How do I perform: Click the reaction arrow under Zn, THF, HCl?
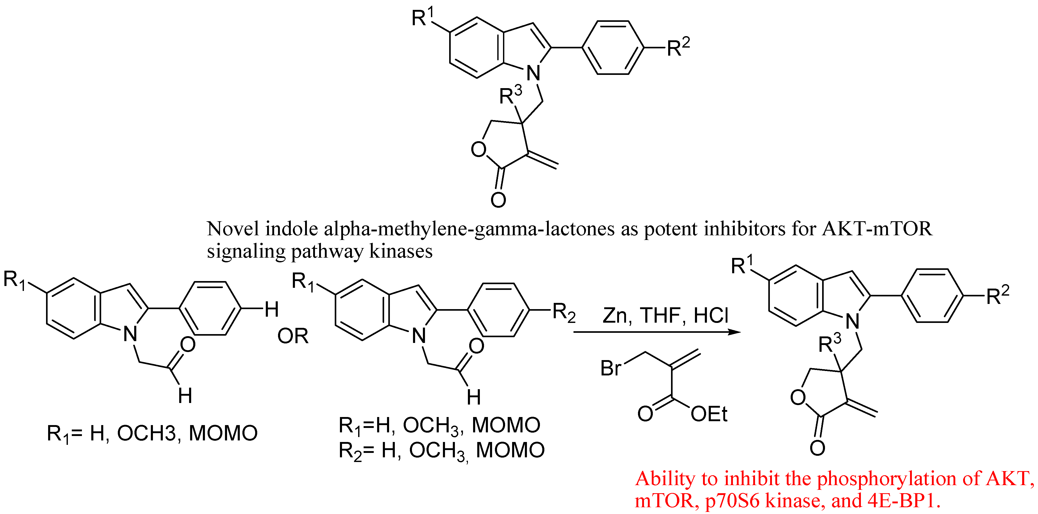coord(657,332)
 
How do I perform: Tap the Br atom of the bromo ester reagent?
coord(611,368)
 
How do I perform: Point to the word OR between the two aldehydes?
coord(293,336)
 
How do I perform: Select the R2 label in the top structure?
coord(678,48)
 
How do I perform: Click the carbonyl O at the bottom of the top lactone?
coord(498,199)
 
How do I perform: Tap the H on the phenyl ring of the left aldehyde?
coord(272,309)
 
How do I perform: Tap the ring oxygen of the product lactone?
coord(798,397)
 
